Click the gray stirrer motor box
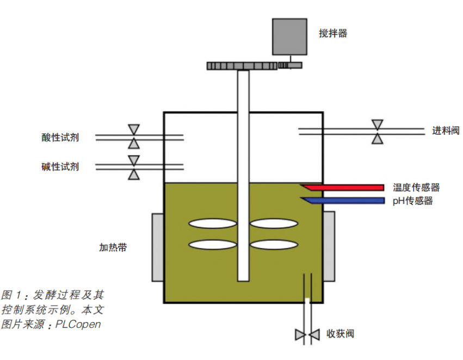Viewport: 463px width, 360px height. click(289, 36)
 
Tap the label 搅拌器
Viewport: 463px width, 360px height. click(332, 34)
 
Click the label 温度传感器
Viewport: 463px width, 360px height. click(416, 188)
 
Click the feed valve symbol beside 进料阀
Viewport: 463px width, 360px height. click(377, 132)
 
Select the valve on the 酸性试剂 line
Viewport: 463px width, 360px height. click(134, 136)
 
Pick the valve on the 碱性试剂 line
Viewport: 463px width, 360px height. click(134, 167)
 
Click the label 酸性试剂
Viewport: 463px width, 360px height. click(60, 137)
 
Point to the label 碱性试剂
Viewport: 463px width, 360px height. click(60, 167)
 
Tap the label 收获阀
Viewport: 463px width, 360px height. click(340, 334)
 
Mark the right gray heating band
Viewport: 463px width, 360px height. click(329, 246)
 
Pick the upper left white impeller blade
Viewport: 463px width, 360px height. click(213, 223)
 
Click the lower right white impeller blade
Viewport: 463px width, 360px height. click(275, 245)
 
